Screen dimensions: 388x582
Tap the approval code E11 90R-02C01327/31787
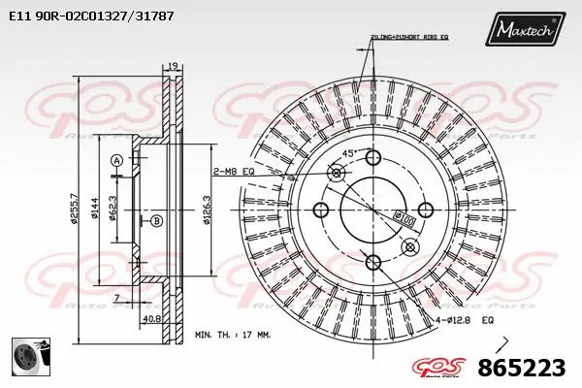pyautogui.click(x=85, y=16)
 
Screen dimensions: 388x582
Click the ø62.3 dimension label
pyautogui.click(x=113, y=207)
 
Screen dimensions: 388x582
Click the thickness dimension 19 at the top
pyautogui.click(x=174, y=67)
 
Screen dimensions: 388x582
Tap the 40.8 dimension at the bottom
pyautogui.click(x=152, y=317)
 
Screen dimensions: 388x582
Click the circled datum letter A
pyautogui.click(x=116, y=160)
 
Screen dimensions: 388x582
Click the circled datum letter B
pyautogui.click(x=155, y=222)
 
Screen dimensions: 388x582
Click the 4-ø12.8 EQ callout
pyautogui.click(x=467, y=318)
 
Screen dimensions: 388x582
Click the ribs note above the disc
pyautogui.click(x=408, y=37)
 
